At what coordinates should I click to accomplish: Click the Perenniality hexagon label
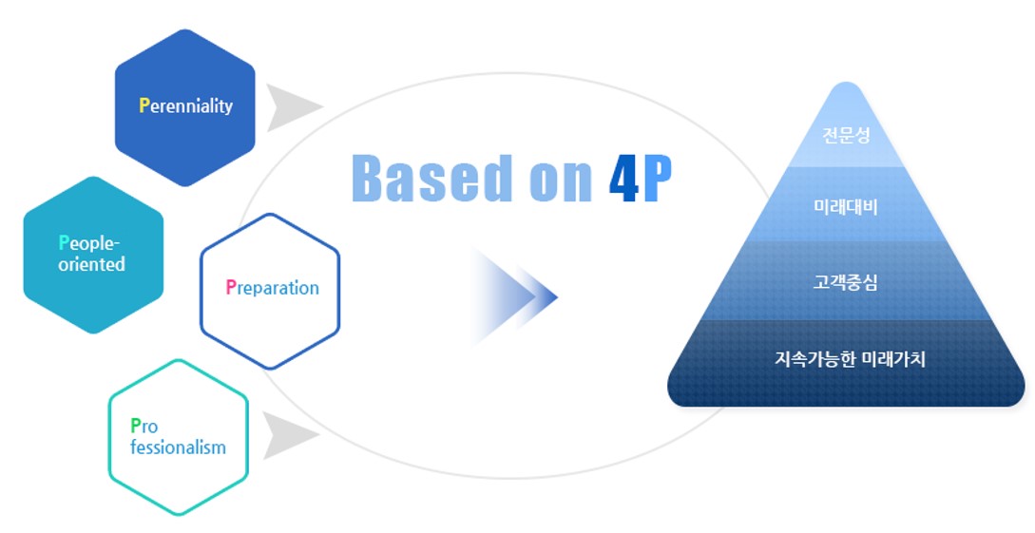(186, 106)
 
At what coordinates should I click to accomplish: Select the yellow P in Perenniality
(144, 105)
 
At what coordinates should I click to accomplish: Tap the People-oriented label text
(91, 254)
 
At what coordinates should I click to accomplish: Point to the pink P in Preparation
(230, 287)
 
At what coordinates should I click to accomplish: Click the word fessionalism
(179, 447)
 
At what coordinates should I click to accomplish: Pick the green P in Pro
(135, 427)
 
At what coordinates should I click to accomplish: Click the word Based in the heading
(432, 178)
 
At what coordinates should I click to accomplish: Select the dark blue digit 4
(624, 178)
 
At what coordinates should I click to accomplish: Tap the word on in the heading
(561, 183)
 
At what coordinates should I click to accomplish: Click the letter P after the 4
(656, 178)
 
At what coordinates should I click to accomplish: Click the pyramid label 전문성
(846, 135)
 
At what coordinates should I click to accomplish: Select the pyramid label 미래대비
(846, 207)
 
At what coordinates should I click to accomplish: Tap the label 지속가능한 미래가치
(851, 359)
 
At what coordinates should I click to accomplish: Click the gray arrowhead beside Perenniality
(292, 106)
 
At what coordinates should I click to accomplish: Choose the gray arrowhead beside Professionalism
(289, 435)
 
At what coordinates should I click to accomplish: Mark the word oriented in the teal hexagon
(91, 264)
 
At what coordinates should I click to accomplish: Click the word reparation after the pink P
(278, 288)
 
